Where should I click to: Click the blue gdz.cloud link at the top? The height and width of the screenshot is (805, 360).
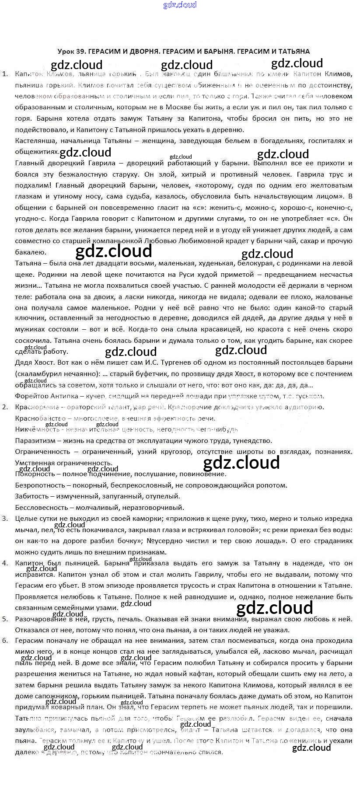coord(180,5)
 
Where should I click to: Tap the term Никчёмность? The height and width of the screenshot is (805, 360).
coord(34,429)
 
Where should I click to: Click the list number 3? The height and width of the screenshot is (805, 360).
coord(5,519)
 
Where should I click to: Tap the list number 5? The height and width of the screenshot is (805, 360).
coord(5,619)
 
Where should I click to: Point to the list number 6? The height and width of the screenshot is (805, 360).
coord(5,641)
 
